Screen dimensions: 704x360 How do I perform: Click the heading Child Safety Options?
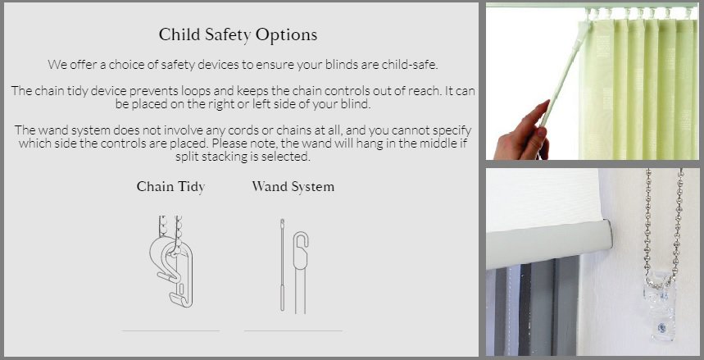point(238,35)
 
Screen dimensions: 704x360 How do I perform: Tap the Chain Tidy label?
point(170,187)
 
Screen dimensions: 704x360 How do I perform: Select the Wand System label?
point(293,186)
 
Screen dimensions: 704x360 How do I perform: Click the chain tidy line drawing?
point(171,261)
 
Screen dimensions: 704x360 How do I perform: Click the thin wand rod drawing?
point(283,264)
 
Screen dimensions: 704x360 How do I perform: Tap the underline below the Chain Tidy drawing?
point(170,330)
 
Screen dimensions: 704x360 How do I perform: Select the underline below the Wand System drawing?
point(293,330)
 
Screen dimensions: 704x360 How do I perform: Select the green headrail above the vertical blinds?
point(593,5)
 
